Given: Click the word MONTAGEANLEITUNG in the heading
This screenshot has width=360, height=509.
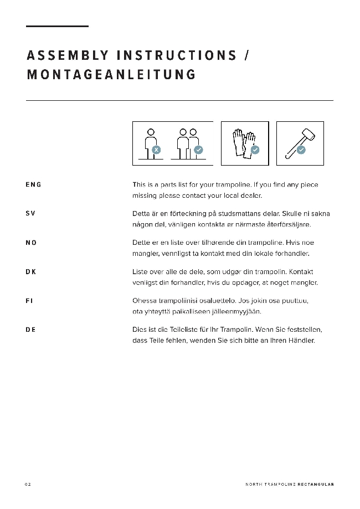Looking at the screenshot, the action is tap(111, 75).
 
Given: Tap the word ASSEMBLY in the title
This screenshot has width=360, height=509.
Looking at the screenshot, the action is tap(68, 55).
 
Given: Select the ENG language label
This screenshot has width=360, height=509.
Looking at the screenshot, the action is tap(33, 184).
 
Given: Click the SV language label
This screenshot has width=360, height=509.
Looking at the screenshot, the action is tap(30, 213).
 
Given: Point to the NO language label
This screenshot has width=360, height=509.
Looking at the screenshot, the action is tap(31, 243).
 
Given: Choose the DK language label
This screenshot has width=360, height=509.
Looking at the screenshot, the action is tap(31, 271).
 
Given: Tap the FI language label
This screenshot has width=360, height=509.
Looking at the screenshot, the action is tap(29, 301).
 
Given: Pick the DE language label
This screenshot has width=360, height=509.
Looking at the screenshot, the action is tap(30, 330).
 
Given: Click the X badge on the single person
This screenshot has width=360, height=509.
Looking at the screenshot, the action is tap(157, 150).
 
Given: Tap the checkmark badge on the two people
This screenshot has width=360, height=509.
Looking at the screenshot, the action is tap(198, 150).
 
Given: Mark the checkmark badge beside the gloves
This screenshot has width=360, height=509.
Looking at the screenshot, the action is tap(255, 150).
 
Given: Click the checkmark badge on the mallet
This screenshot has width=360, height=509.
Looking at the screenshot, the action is tap(301, 150).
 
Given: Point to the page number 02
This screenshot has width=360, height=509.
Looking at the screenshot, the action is tap(28, 484).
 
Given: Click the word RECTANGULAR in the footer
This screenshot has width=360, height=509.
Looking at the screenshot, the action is tap(316, 484).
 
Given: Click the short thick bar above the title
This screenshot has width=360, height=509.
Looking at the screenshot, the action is tap(57, 26).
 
